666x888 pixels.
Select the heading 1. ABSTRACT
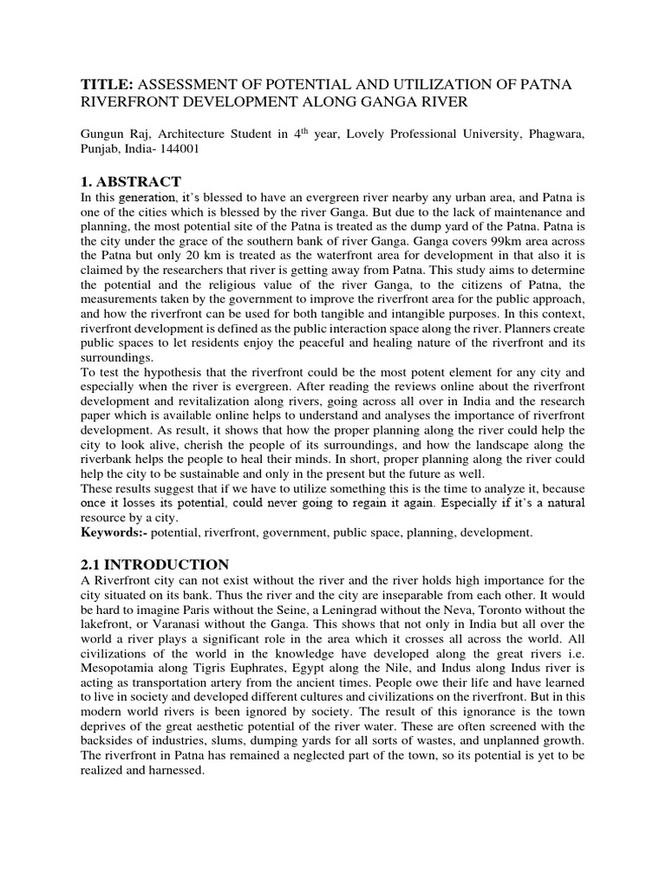pos(131,181)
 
